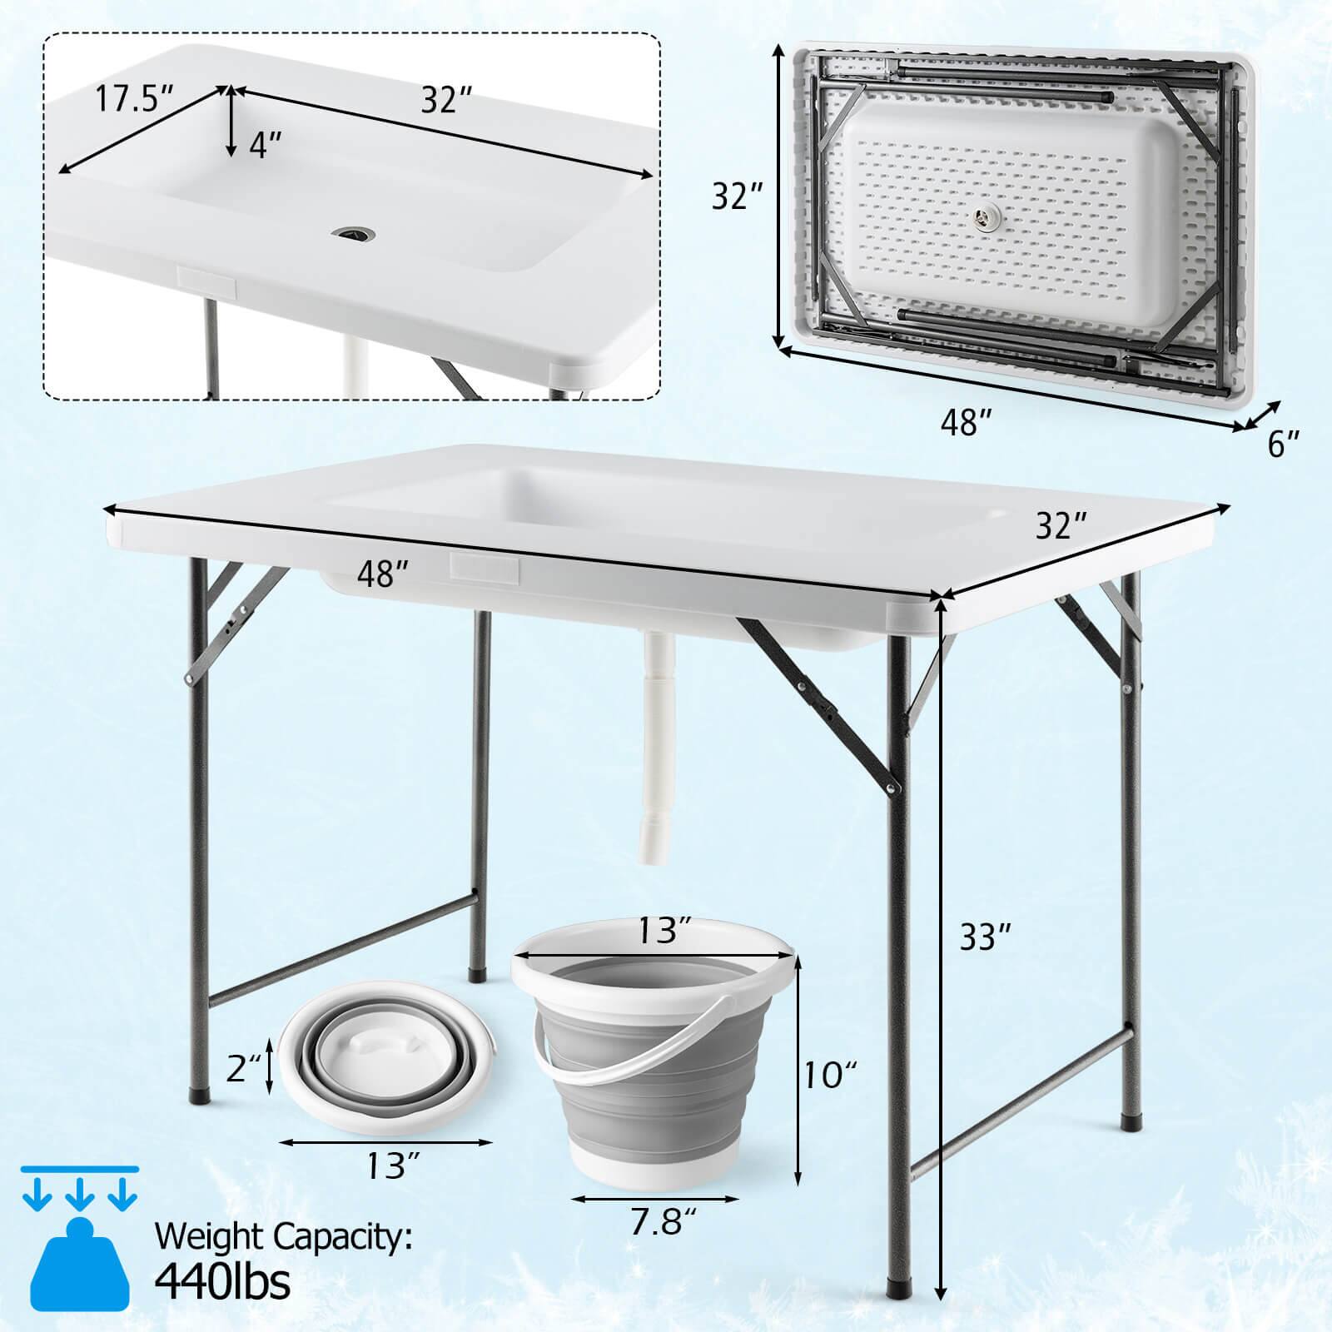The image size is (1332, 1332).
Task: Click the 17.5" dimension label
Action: point(134,98)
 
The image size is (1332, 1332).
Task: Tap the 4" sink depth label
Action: point(266,147)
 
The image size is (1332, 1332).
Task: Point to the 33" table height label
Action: point(986,937)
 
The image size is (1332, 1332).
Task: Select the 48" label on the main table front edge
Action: point(383,574)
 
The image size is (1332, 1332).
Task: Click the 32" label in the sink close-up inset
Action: point(446,99)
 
